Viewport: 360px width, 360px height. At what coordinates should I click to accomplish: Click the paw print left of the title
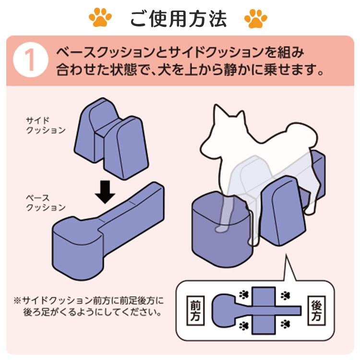pos(100,17)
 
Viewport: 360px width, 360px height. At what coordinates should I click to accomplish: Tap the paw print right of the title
pos(256,18)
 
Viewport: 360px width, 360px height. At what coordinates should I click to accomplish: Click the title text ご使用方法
pos(179,19)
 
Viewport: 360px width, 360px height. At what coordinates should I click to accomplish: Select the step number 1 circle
pos(31,60)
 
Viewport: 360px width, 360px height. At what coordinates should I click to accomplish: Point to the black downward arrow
pos(105,192)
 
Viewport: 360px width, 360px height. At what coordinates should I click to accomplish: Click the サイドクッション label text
pos(46,125)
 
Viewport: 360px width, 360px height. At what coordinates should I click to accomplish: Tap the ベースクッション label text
pos(46,203)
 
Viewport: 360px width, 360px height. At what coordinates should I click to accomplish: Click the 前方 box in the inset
pos(195,311)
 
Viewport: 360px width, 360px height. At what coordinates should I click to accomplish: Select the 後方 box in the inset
pos(316,311)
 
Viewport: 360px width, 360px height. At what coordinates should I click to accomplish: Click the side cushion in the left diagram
pos(111,138)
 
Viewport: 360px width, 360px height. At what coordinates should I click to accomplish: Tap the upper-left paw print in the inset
pos(244,295)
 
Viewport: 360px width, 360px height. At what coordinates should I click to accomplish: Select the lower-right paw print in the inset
pos(285,324)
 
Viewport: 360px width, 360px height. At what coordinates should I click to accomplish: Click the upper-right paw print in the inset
pos(285,296)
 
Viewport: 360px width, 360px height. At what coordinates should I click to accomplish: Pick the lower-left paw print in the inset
pos(244,325)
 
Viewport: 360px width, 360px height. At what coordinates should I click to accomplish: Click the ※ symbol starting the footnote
pos(17,300)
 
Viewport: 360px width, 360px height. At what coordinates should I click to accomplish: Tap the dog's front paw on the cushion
pos(222,228)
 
